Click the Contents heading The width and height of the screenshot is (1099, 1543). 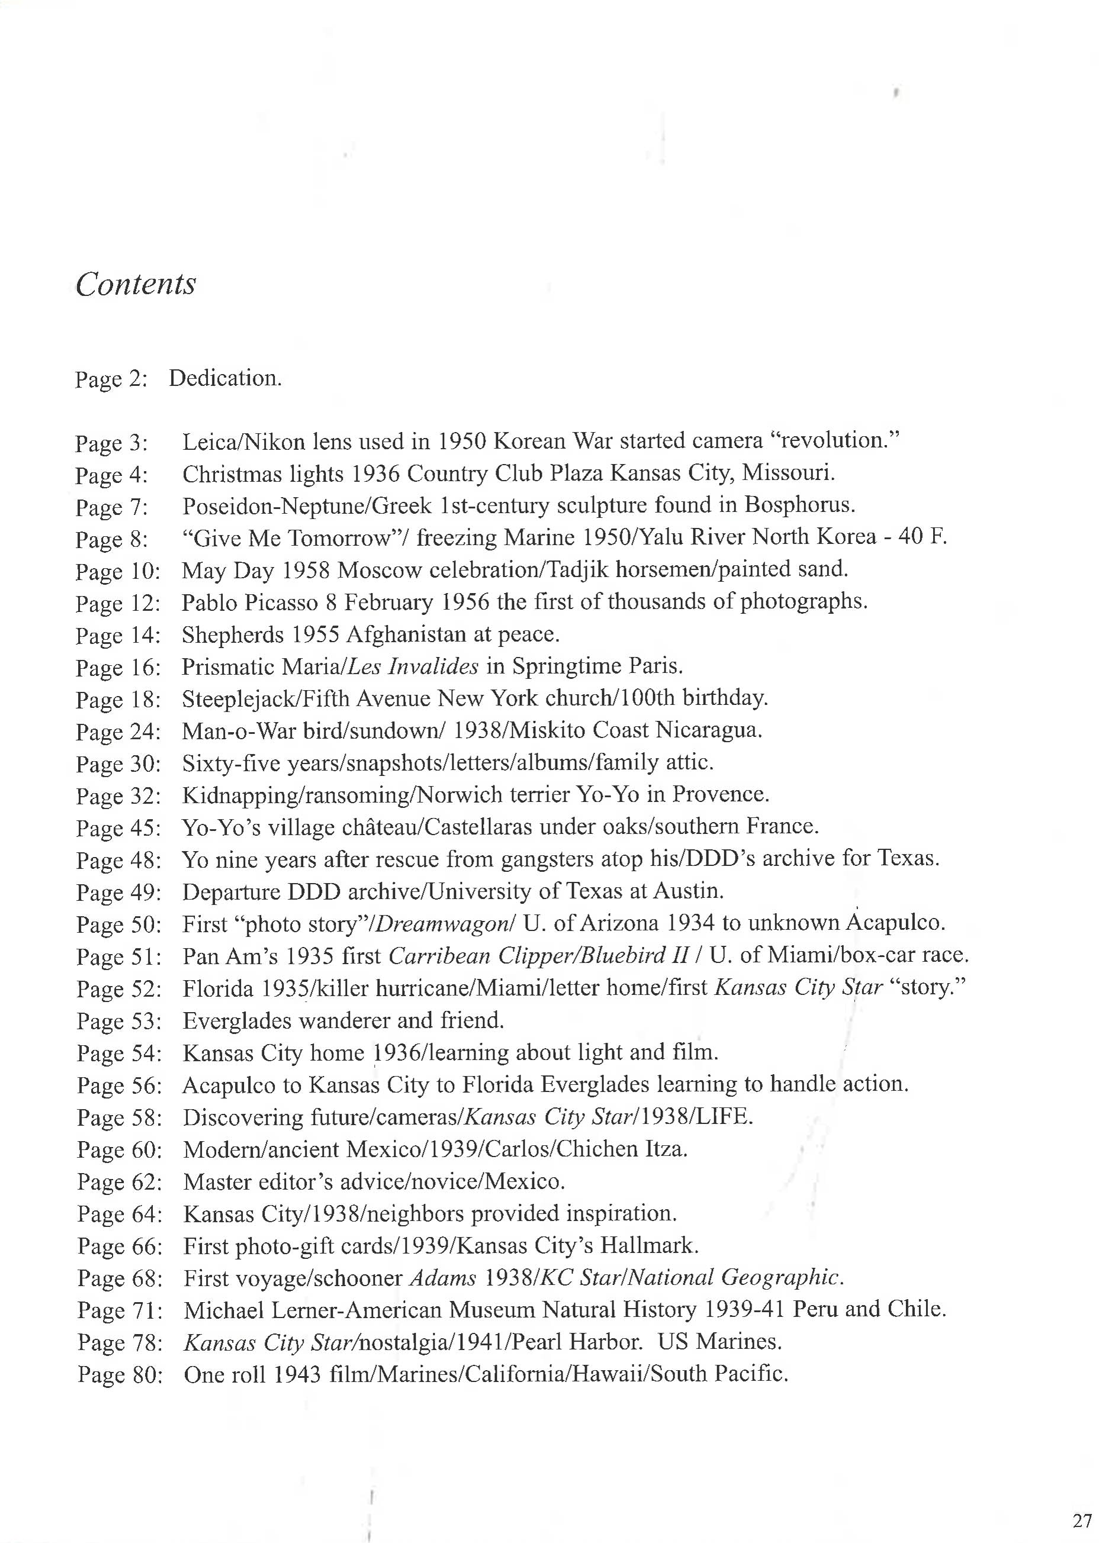[136, 284]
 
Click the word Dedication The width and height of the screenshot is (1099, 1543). [224, 378]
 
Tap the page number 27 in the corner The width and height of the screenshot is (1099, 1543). [1082, 1520]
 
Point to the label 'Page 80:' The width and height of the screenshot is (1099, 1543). [120, 1374]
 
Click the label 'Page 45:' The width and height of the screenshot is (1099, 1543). [118, 828]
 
